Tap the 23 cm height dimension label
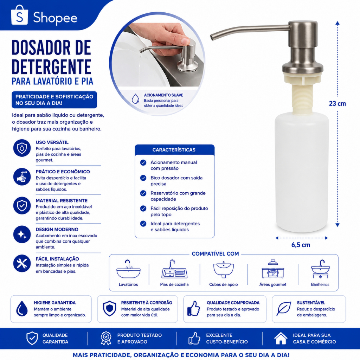click(337, 104)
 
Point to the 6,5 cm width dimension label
click(301, 245)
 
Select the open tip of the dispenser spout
click(212, 37)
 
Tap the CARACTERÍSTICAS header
click(174, 150)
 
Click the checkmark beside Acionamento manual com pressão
click(143, 163)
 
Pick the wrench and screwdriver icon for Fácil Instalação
click(22, 263)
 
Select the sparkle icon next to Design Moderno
click(22, 234)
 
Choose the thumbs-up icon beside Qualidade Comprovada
click(194, 308)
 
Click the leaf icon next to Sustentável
click(284, 309)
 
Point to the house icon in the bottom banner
click(281, 338)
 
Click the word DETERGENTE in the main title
click(51, 67)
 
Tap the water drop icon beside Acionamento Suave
click(135, 99)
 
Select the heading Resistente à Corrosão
click(147, 303)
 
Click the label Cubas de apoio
click(223, 284)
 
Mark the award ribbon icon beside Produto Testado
click(106, 338)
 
